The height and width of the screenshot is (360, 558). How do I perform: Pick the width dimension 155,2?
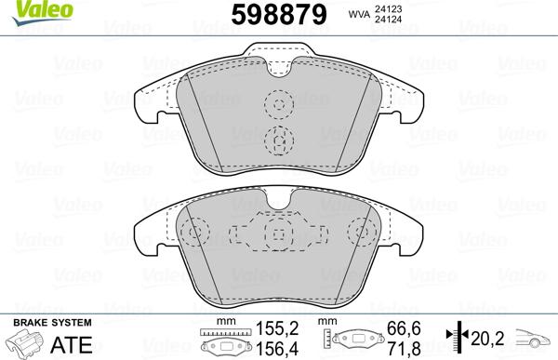[278, 327]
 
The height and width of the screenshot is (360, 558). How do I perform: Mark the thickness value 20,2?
[486, 338]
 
